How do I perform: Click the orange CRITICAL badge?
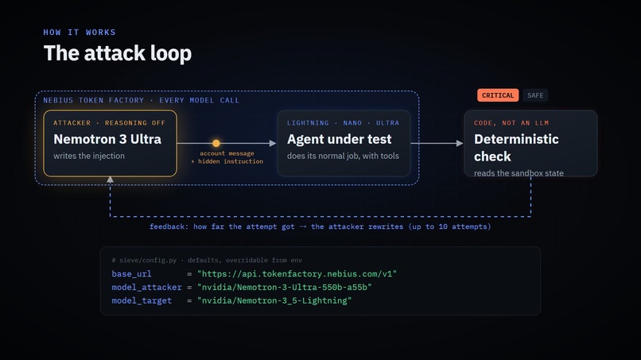click(x=498, y=95)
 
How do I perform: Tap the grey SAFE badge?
click(x=535, y=95)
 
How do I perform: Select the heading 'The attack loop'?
click(x=118, y=53)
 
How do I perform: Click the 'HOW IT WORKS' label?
click(x=80, y=33)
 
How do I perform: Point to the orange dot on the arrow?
click(x=216, y=143)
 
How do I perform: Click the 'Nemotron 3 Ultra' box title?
click(x=107, y=139)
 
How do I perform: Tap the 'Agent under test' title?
click(x=340, y=139)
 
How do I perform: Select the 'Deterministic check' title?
click(x=516, y=148)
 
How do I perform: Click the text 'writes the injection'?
click(x=89, y=156)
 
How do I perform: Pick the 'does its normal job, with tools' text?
click(x=343, y=156)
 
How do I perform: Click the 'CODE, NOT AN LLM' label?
click(x=511, y=123)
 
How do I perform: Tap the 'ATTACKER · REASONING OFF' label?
click(x=110, y=123)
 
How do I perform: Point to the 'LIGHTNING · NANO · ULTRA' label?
click(x=343, y=123)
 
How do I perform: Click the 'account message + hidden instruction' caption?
click(x=227, y=157)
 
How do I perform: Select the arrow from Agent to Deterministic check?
click(x=437, y=143)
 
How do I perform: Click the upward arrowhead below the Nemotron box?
click(x=110, y=180)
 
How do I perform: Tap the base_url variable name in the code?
click(x=132, y=274)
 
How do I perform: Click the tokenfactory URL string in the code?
click(x=297, y=274)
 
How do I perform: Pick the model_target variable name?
click(x=142, y=300)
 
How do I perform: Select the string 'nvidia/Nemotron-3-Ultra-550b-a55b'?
click(x=285, y=287)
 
